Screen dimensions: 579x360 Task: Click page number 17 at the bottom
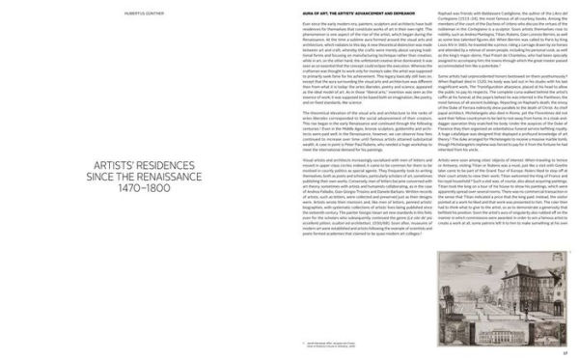pos(563,350)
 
